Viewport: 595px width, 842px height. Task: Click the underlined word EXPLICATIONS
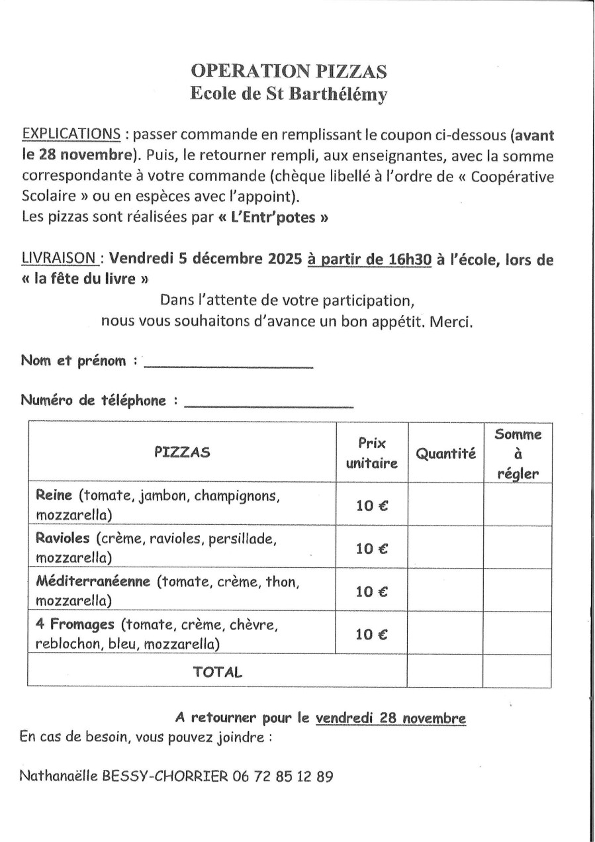pos(71,134)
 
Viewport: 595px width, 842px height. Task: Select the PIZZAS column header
pos(182,452)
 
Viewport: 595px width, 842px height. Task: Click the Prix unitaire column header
pos(372,453)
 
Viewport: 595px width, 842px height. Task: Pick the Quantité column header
pos(445,453)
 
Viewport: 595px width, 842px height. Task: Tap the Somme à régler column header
pos(518,454)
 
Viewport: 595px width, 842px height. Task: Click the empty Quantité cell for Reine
pos(445,504)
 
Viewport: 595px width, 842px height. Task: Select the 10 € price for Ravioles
pos(372,548)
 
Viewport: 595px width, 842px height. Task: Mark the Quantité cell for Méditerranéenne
pos(445,591)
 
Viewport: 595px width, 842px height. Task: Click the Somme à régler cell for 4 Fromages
pos(518,633)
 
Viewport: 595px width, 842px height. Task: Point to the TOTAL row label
pos(217,672)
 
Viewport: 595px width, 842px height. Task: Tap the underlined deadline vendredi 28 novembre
pos(390,718)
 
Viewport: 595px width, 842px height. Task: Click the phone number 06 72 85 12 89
pos(283,775)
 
